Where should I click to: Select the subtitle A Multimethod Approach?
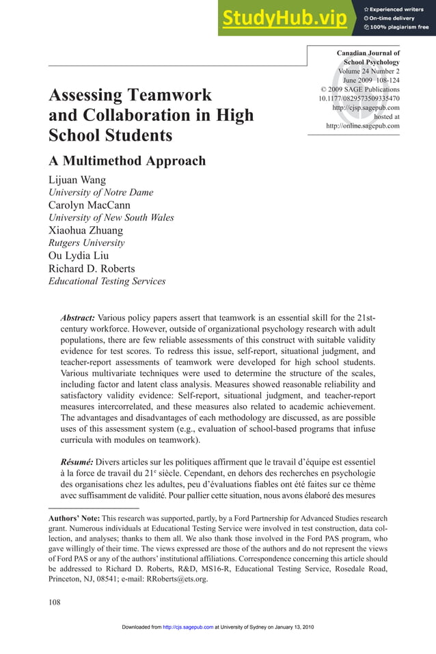(127, 161)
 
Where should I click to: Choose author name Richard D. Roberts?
(92, 268)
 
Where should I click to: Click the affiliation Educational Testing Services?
(107, 281)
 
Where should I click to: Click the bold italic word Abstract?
(78, 318)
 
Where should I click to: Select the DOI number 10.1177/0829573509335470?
(359, 98)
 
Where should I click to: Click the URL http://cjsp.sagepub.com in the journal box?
(366, 107)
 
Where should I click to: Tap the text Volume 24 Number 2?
(369, 71)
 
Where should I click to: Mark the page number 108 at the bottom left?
(55, 602)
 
